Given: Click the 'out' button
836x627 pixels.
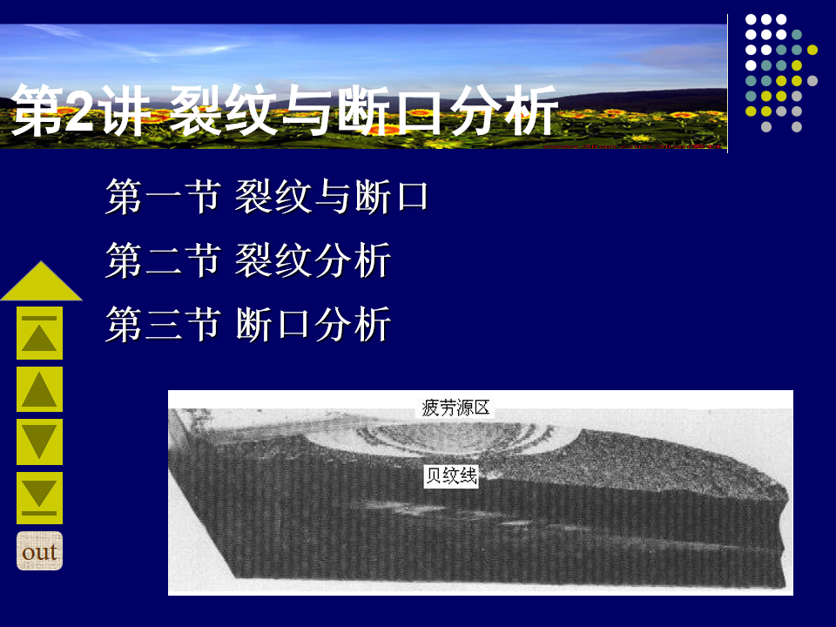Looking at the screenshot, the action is click(39, 550).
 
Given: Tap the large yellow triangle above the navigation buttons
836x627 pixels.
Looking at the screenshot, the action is click(42, 281).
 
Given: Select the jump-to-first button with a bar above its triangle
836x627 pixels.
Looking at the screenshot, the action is click(39, 333).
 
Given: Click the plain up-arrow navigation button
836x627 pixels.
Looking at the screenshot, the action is click(39, 389).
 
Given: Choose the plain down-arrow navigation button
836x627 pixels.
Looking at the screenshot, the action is click(39, 442).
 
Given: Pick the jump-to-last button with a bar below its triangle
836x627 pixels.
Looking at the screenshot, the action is click(39, 498).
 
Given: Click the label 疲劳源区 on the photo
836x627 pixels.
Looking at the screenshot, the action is click(455, 408).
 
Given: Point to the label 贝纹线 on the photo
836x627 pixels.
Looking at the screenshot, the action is click(451, 475).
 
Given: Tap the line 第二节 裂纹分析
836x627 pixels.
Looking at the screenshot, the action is click(248, 260).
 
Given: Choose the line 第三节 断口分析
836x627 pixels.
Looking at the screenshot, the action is click(248, 324).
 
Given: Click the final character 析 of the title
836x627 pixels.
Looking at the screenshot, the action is click(531, 111).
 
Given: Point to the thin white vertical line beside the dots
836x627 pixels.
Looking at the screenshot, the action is click(728, 84).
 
